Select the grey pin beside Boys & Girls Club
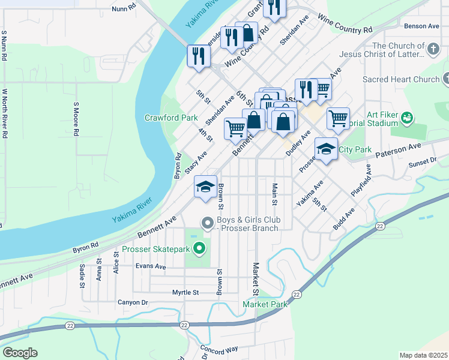coord(208,224)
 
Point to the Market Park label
coord(265,305)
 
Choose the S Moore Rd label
coord(76,120)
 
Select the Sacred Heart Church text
coord(401,79)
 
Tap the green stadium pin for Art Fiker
coord(408,118)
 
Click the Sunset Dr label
coord(423,161)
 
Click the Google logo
coord(20,353)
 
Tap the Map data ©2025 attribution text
coord(423,355)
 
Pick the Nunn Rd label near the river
coord(124,9)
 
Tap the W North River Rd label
coord(4,114)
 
